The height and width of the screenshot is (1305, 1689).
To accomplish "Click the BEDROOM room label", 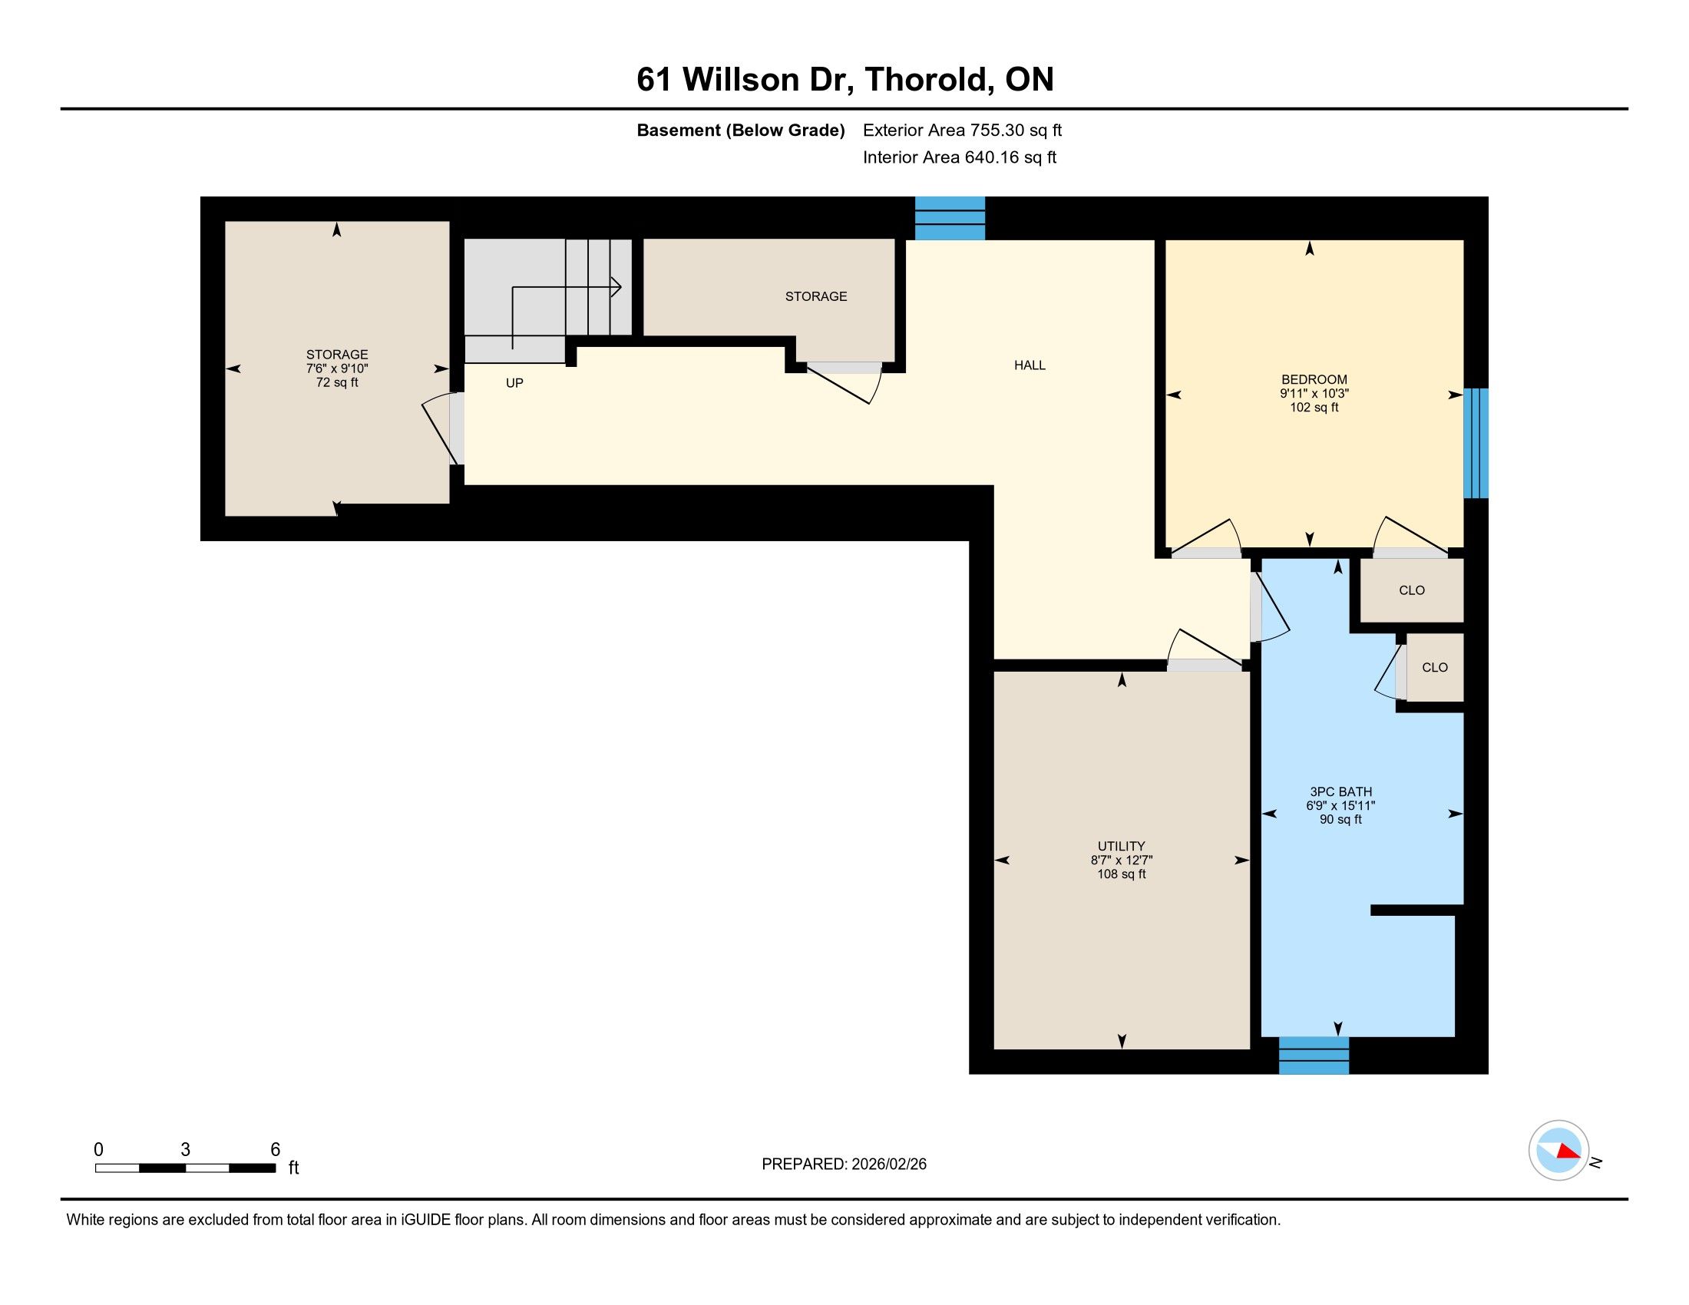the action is coord(1314,379).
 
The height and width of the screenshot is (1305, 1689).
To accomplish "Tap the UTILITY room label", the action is coord(1122,847).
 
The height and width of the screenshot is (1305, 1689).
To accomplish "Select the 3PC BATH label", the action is coord(1341,791).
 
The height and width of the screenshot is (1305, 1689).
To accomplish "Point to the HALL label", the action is coord(1030,365).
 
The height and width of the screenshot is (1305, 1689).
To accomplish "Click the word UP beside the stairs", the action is coord(514,383).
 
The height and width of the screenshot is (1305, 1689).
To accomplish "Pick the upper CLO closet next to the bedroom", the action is coord(1411,590).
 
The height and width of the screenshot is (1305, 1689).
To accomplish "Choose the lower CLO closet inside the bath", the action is coord(1435,667).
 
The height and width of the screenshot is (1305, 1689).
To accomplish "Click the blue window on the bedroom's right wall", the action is coord(1476,443).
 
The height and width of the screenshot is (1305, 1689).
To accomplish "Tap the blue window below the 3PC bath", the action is coord(1314,1056).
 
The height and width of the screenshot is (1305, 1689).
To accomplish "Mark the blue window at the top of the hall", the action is coord(950,218).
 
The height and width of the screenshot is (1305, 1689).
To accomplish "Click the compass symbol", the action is coord(1558,1151).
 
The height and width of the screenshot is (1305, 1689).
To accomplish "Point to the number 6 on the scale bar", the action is coord(276,1150).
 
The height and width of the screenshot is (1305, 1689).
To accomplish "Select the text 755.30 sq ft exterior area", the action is coord(1016,130).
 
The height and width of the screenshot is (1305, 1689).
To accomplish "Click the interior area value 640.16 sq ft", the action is coord(1010,157).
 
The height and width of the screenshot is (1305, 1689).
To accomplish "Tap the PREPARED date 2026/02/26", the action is coord(887,1165).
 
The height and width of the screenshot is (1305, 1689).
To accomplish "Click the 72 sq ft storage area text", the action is coord(337,383).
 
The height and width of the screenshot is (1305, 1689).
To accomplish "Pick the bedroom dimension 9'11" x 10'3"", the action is coord(1314,394).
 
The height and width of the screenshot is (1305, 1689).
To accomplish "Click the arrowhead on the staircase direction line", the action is coord(616,287).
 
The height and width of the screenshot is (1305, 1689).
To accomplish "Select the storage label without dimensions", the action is coord(816,296).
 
